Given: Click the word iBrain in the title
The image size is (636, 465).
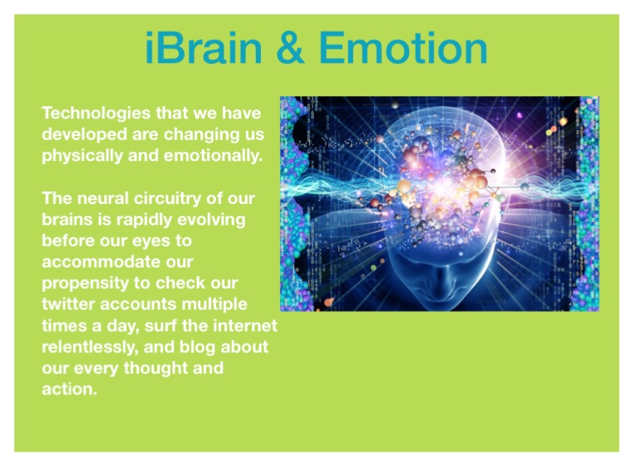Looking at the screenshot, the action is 204,48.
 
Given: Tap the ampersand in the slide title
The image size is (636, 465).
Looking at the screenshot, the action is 291,48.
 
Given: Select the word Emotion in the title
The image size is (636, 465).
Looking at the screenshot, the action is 403,48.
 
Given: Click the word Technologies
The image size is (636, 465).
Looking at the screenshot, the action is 96,114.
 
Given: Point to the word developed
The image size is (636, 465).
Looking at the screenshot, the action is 84,134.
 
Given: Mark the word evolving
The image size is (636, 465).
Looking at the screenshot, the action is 211,220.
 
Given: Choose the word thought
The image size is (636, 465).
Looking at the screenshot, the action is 156,369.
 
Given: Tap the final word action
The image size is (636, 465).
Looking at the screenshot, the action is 70,390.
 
